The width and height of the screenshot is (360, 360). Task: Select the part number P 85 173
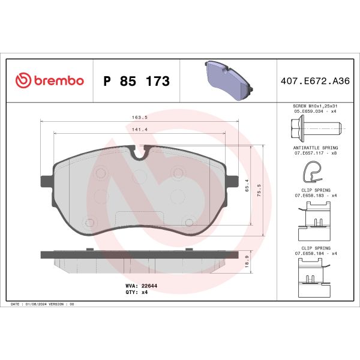point(136,81)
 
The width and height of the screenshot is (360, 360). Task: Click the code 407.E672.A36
point(313,81)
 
